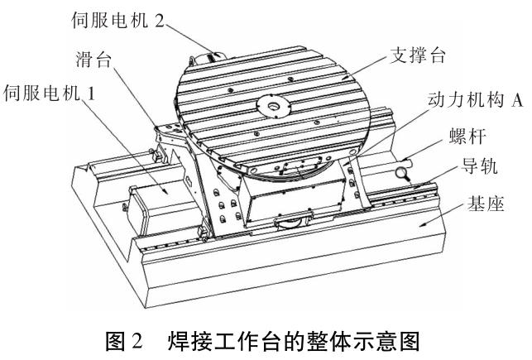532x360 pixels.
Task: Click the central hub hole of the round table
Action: tap(270, 106)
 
